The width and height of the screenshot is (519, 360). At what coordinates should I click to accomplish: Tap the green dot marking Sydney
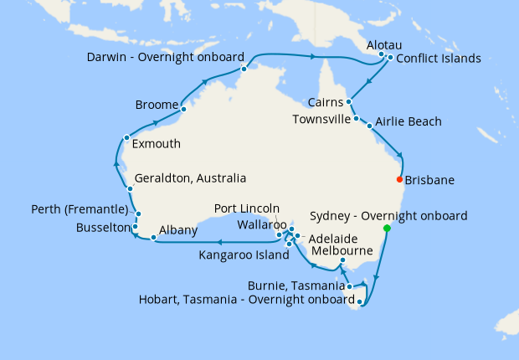[x=387, y=229]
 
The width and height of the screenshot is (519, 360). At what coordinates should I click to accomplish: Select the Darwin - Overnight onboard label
[x=165, y=58]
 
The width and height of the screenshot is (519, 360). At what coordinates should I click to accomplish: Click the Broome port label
[x=157, y=105]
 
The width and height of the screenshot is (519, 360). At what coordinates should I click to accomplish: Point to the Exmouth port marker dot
[x=126, y=137]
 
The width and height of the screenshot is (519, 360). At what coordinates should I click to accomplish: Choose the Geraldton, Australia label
[x=190, y=178]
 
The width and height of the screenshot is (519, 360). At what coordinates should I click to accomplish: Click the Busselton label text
[x=103, y=227]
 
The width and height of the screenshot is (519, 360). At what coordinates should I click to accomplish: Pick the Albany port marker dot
[x=153, y=239]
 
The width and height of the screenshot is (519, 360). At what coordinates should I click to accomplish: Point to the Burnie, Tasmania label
[x=295, y=286]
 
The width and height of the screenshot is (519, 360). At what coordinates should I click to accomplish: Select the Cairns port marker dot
[x=348, y=102]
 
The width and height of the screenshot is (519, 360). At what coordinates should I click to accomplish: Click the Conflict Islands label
[x=438, y=59]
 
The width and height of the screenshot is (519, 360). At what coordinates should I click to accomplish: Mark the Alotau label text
[x=386, y=43]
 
